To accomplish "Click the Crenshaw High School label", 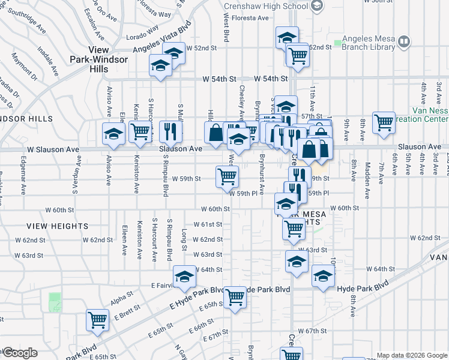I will (265, 7).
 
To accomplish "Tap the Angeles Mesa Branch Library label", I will (369, 46).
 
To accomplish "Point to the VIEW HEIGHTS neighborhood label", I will (58, 226).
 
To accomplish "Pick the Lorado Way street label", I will (143, 28).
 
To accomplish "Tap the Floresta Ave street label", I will (246, 18).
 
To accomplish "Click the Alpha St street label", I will (121, 296).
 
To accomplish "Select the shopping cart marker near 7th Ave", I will (384, 122).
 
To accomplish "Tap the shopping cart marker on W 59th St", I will (228, 176).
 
